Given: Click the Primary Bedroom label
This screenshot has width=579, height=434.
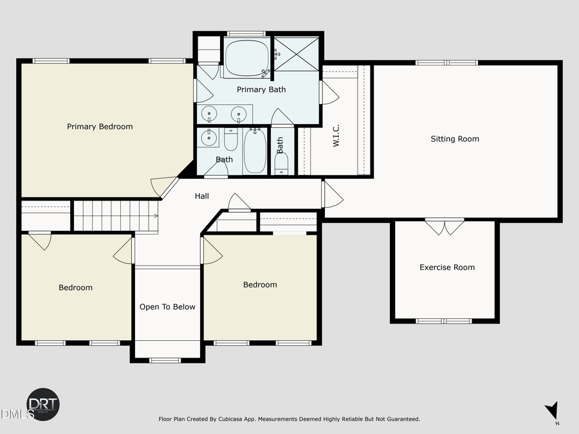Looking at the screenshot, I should click(100, 127).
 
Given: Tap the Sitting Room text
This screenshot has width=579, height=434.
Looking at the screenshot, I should click(455, 139).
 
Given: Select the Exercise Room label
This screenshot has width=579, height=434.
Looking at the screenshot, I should click(447, 267).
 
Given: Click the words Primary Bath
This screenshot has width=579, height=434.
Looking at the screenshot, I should click(261, 89).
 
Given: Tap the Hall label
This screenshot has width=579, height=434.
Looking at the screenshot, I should click(202, 197).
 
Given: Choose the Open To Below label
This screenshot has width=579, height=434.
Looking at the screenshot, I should click(167, 307).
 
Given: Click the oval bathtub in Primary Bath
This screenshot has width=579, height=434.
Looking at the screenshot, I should click(248, 58).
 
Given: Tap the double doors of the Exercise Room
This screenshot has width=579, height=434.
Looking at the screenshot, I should click(445, 226).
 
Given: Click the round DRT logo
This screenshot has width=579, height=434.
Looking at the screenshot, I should click(43, 405).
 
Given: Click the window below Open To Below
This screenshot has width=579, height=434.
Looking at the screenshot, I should click(167, 360).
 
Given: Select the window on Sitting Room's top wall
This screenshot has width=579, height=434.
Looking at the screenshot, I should click(446, 62).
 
